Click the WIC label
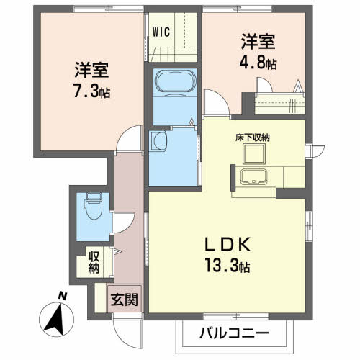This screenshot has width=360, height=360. click(x=160, y=31)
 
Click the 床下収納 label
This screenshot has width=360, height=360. click(x=256, y=137)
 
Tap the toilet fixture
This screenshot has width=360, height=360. click(x=91, y=209)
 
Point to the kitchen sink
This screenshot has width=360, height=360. click(x=252, y=179)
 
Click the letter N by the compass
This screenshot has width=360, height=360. click(x=63, y=296)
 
